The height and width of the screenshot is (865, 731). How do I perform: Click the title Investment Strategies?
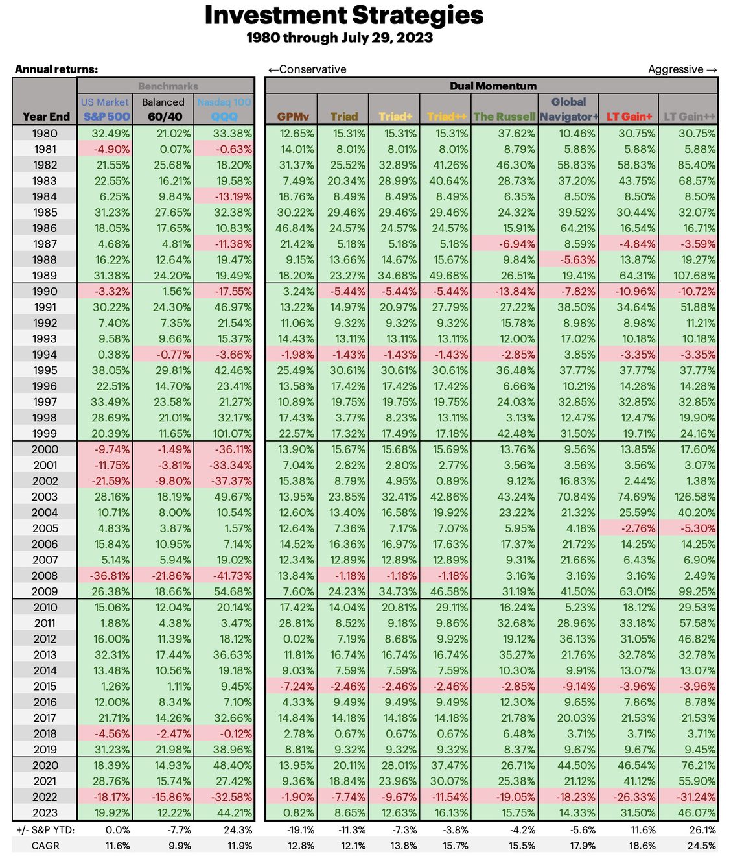pyautogui.click(x=343, y=16)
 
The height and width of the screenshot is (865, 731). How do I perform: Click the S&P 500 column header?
pyautogui.click(x=106, y=117)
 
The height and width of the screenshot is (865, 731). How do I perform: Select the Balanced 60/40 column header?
pyautogui.click(x=163, y=110)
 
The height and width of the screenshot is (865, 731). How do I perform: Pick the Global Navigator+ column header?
pyautogui.click(x=568, y=110)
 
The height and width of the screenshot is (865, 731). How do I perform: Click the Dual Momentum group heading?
pyautogui.click(x=493, y=86)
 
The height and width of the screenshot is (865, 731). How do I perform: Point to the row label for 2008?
pyautogui.click(x=45, y=576)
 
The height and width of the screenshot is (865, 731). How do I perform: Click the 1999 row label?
pyautogui.click(x=45, y=434)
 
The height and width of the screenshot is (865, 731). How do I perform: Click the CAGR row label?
pyautogui.click(x=45, y=846)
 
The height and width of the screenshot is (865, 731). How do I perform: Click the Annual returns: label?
pyautogui.click(x=56, y=69)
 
